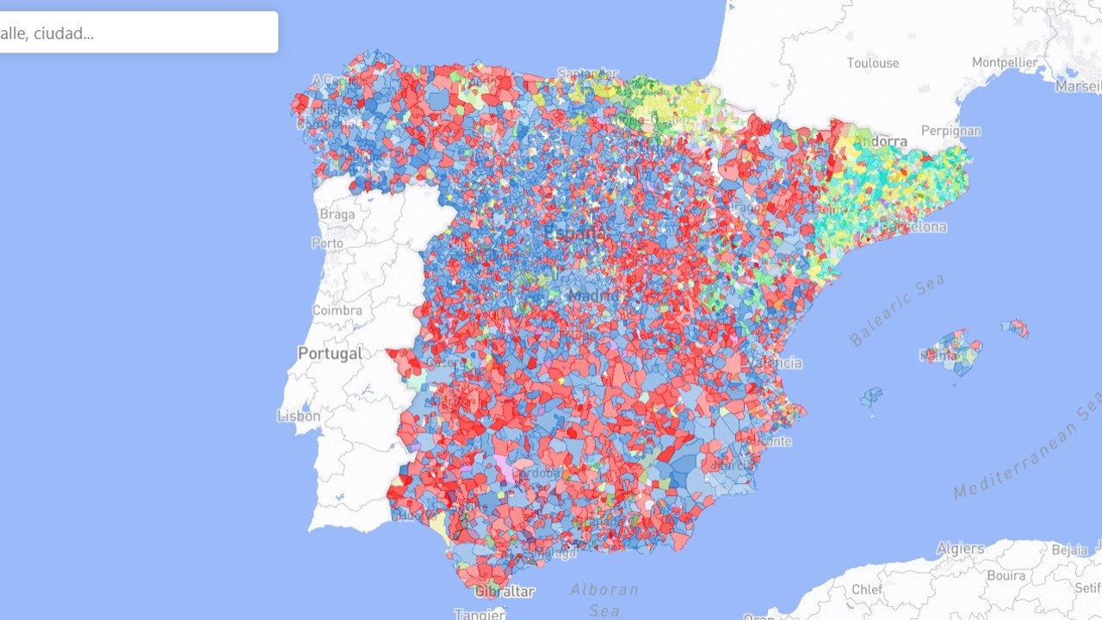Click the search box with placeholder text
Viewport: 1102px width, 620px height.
138,33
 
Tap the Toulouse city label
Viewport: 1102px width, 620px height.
872,63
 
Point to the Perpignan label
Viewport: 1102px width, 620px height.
950,132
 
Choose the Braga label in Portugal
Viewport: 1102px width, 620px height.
337,214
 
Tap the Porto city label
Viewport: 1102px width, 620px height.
327,243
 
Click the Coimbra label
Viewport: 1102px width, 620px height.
337,310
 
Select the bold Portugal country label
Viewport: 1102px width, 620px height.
330,353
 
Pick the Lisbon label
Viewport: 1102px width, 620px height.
299,416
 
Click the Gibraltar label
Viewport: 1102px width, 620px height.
505,592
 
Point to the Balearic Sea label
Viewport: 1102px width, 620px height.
897,310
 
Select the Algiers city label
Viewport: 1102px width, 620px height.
960,549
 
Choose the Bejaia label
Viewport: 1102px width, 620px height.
1068,549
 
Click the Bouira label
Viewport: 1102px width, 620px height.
1005,575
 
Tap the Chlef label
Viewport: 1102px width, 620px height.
866,590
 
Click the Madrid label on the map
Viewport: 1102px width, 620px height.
593,296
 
